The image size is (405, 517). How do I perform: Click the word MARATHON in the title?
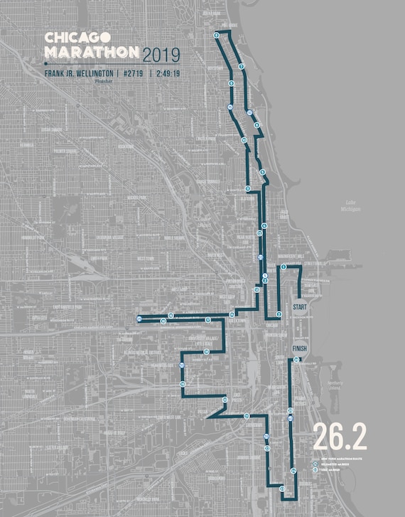[91, 52]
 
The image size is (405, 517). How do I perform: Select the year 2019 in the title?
[161, 54]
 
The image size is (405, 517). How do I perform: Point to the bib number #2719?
[129, 73]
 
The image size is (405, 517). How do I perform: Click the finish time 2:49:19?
[166, 73]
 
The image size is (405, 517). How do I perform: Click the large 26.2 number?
[340, 439]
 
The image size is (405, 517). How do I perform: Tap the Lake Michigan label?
[351, 206]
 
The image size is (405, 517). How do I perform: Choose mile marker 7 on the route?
[242, 66]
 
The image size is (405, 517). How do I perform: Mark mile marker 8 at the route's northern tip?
[216, 34]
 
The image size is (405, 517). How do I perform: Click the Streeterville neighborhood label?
[313, 263]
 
